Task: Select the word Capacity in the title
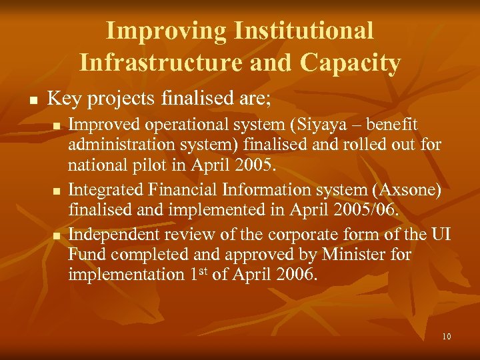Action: pyautogui.click(x=350, y=63)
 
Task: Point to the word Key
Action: pyautogui.click(x=63, y=99)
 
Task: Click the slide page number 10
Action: pyautogui.click(x=446, y=337)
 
